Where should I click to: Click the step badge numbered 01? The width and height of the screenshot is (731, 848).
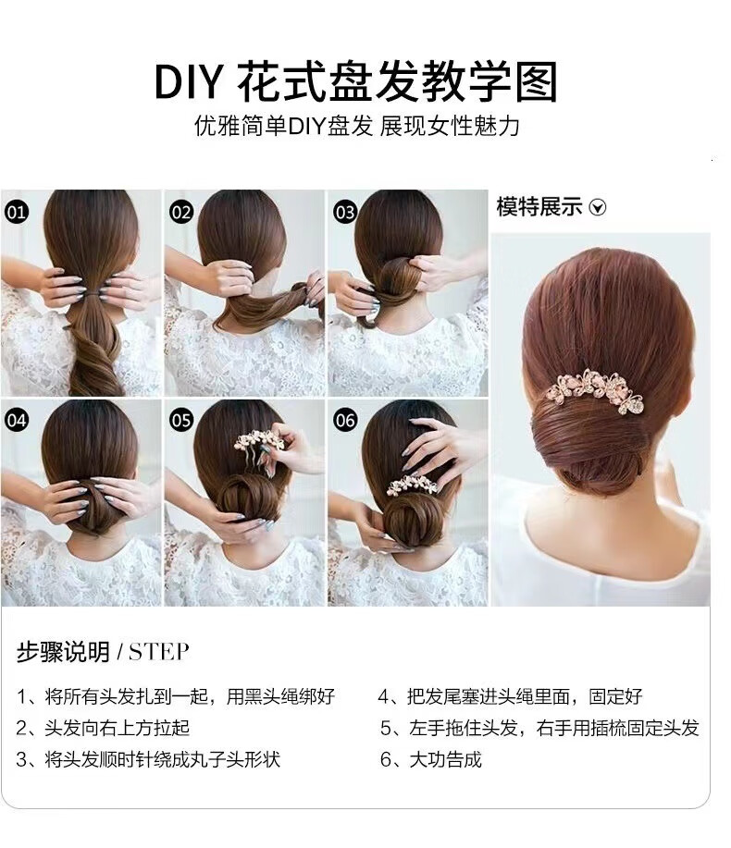tap(17, 212)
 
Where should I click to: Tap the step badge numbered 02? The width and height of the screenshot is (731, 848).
tap(181, 212)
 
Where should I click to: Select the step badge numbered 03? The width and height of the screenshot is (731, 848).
tap(344, 212)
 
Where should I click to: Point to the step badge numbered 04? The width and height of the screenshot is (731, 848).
tap(17, 420)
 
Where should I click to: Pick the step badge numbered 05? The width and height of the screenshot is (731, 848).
tap(181, 420)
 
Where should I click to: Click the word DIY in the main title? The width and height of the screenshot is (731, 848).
tap(188, 82)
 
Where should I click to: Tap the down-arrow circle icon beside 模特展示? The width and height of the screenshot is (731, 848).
tap(598, 207)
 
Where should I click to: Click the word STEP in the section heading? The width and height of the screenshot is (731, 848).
tap(159, 652)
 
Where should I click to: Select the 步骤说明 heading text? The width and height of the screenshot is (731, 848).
tap(63, 652)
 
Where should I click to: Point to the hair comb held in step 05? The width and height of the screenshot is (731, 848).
tap(255, 442)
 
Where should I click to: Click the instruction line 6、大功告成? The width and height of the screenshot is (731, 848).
tap(430, 759)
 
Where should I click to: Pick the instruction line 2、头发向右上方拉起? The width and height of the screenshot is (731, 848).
tap(103, 728)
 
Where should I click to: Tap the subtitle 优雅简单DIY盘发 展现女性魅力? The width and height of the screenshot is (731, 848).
tap(357, 126)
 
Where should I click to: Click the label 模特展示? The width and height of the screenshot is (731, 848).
tap(539, 207)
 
